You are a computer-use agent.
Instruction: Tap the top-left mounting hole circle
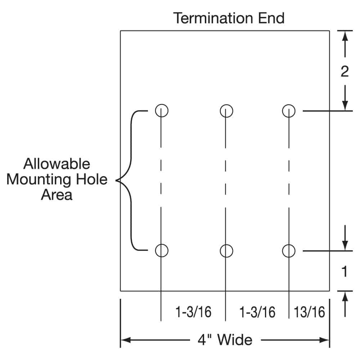pos(162,110)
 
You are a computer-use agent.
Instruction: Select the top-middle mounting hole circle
pos(226,110)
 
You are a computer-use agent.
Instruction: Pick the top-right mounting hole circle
pos(289,110)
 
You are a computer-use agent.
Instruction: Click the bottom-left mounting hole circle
pos(162,250)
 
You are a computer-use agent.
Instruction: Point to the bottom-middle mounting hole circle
pos(226,250)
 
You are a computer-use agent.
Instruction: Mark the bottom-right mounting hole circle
pos(289,250)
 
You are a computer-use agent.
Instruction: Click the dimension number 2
pos(345,72)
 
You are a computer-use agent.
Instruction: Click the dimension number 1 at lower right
pos(344,272)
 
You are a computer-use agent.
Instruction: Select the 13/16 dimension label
pos(309,312)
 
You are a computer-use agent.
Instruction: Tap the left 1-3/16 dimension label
pos(193,312)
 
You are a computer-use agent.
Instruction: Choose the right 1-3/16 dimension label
pos(257,312)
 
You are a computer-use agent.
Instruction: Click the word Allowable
pos(57,164)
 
